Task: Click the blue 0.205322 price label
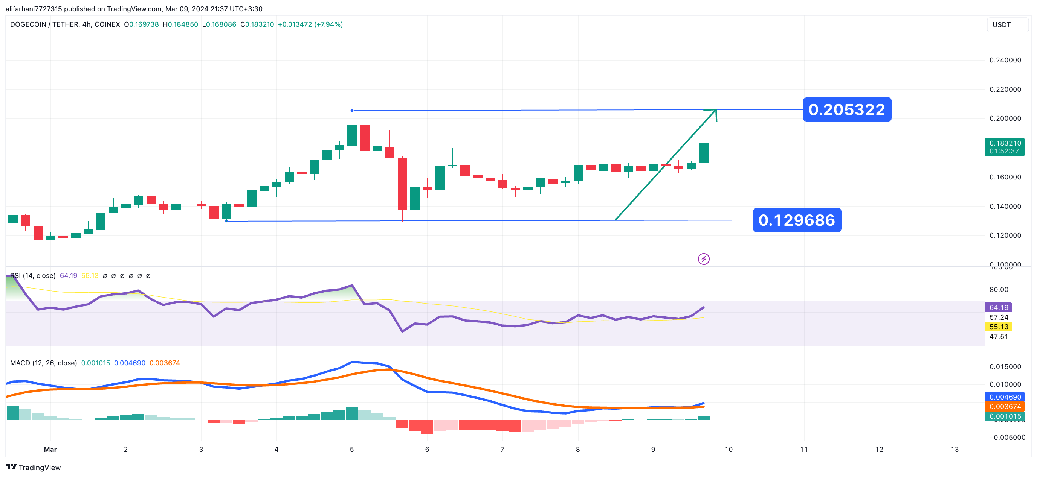click(846, 109)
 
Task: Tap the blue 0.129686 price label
click(797, 220)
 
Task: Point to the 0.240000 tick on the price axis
click(1005, 60)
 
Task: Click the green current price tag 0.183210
click(1004, 147)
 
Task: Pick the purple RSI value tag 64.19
click(998, 307)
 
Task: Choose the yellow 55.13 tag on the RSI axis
click(998, 327)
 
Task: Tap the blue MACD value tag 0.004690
click(1005, 397)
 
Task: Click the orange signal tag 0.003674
click(1005, 407)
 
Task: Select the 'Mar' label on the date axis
click(50, 449)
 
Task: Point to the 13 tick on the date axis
click(955, 449)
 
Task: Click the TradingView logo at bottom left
click(33, 467)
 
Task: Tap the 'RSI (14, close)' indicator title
click(33, 275)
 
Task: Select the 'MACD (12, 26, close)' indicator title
click(43, 363)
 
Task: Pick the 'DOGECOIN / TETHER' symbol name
click(44, 24)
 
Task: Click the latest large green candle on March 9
click(704, 153)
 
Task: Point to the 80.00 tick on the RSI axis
click(998, 289)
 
